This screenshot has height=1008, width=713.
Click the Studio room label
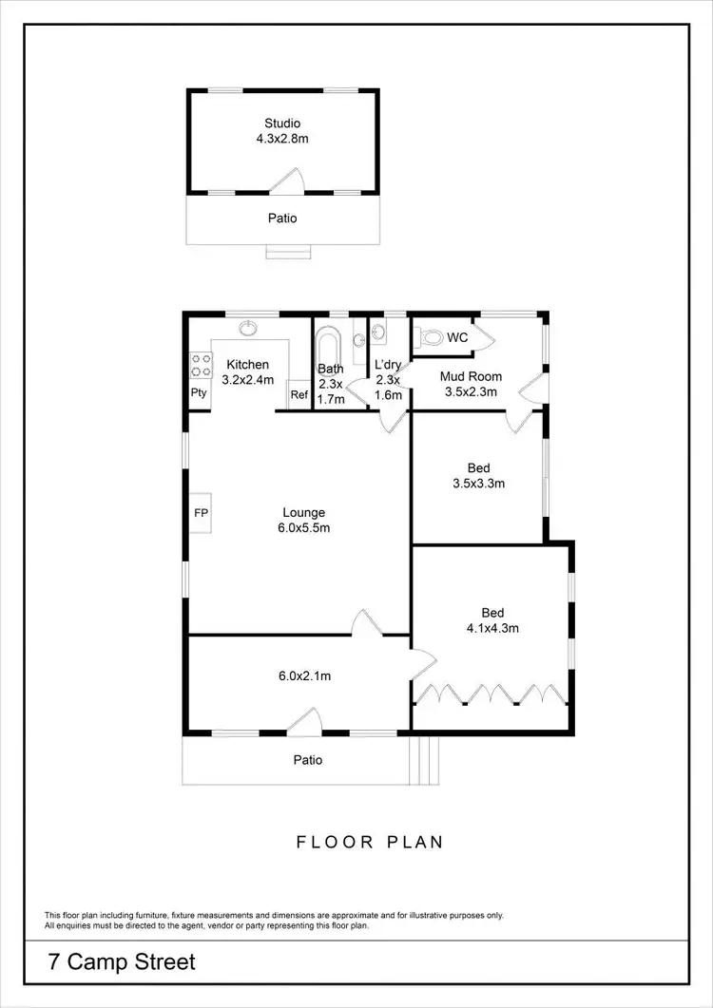click(x=282, y=130)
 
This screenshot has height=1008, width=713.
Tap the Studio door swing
click(x=287, y=181)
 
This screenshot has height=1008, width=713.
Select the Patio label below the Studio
click(x=282, y=219)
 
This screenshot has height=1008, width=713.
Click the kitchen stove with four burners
click(x=202, y=364)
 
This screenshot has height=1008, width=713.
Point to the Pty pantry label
click(x=199, y=392)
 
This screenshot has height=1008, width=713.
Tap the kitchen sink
click(x=248, y=330)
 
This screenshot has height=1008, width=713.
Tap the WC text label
click(x=457, y=337)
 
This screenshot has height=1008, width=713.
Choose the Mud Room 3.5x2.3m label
click(x=471, y=383)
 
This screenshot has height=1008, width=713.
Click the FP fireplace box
click(x=201, y=513)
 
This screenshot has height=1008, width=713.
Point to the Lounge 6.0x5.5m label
click(x=302, y=520)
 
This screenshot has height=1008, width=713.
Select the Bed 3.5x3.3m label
click(x=478, y=475)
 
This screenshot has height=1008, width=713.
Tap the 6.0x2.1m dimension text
click(x=303, y=676)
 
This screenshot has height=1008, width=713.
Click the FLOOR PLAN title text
click(x=370, y=842)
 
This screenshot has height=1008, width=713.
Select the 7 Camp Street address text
click(x=122, y=961)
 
